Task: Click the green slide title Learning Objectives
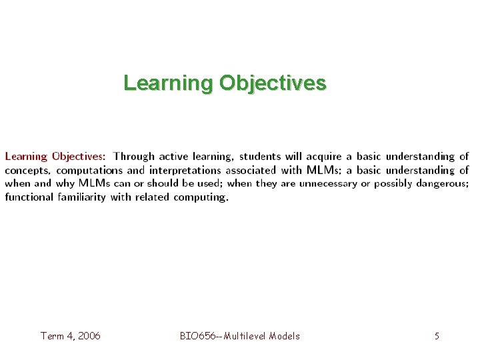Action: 225,83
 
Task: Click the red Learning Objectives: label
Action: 55,157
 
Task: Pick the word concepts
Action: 27,171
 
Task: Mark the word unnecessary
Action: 325,183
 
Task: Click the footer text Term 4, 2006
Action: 71,336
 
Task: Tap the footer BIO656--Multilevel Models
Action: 240,336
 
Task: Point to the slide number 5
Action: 437,336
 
